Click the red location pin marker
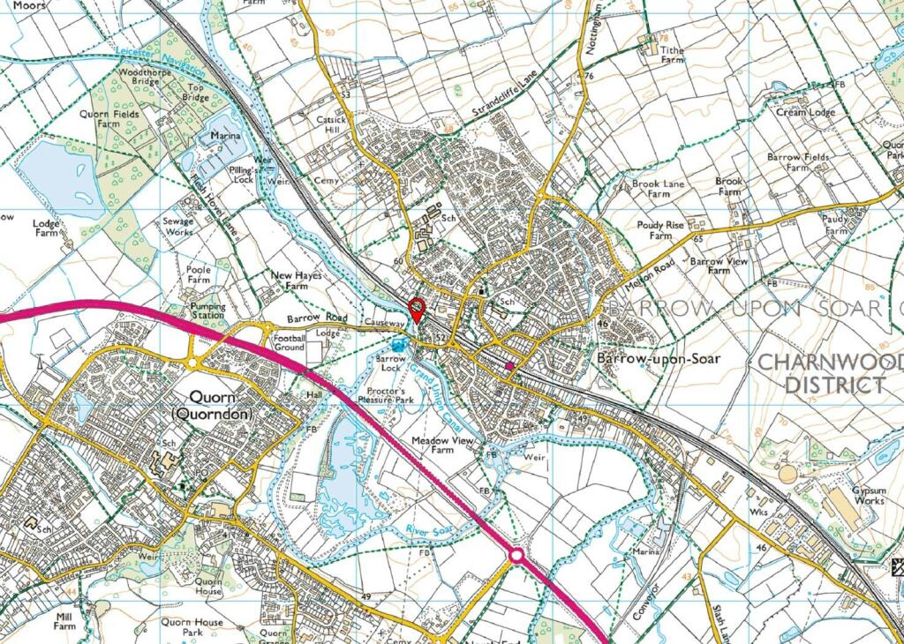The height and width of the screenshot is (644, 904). [418, 310]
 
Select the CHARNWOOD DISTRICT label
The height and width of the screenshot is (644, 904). [832, 373]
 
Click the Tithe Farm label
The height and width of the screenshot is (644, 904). [673, 55]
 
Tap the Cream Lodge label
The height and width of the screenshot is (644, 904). [805, 113]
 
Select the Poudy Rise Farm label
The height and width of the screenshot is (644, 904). [660, 230]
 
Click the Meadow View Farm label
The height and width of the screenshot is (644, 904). [444, 445]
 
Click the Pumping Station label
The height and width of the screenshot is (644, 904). [207, 311]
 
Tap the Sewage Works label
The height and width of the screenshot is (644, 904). [178, 227]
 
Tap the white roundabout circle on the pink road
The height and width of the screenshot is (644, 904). [516, 556]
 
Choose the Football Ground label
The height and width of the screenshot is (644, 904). [289, 342]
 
